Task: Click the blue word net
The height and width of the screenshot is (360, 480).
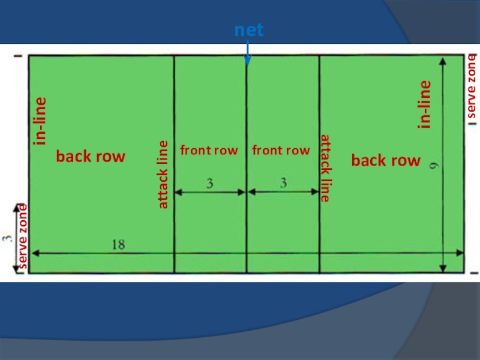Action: tap(248, 31)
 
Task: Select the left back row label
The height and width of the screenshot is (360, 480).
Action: tap(91, 157)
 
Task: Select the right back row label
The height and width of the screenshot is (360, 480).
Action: tap(386, 161)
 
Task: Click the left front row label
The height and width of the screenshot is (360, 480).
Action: tap(209, 150)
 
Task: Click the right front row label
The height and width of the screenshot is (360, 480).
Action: tap(281, 150)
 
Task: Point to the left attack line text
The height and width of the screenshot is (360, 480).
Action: tap(163, 175)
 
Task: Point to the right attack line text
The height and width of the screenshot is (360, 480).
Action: tap(325, 168)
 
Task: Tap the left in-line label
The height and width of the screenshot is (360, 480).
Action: tap(40, 120)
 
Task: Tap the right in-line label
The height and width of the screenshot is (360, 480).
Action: tap(425, 104)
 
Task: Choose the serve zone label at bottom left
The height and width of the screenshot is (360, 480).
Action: tap(23, 235)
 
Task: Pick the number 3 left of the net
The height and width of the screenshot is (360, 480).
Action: tap(210, 184)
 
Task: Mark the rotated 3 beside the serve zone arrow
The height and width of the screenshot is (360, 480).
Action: tap(8, 238)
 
